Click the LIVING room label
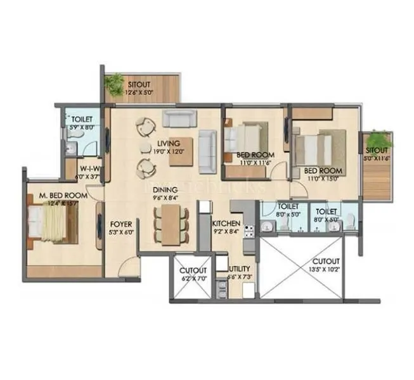[x=169, y=143]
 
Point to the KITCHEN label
[x=226, y=224]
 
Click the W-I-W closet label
[x=89, y=168]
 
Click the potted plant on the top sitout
[x=115, y=82]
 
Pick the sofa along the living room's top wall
[x=179, y=118]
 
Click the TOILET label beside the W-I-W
[x=82, y=118]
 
